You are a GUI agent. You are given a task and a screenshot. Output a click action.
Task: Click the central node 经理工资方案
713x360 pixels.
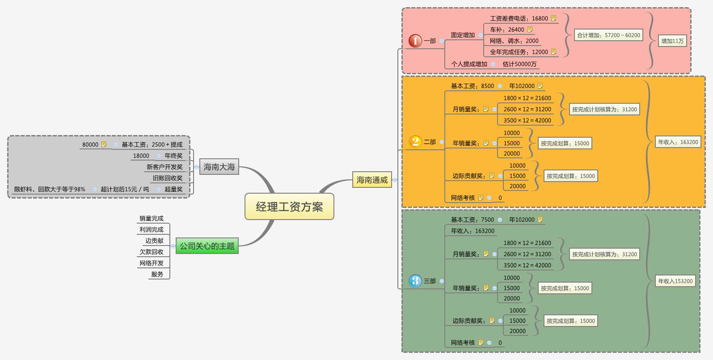(289, 207)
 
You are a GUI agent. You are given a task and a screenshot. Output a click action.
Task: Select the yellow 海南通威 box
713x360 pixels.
(372, 180)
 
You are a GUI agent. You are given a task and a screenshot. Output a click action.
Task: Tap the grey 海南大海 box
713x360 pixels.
(219, 167)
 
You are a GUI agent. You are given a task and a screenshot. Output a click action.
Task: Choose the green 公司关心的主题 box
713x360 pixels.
(207, 246)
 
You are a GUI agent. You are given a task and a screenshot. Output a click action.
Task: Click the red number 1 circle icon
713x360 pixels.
(415, 41)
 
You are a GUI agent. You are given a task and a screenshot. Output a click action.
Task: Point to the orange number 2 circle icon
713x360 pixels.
(415, 142)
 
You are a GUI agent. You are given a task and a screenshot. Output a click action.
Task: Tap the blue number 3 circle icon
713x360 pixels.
(415, 281)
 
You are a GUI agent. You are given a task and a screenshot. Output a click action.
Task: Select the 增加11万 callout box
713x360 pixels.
(672, 41)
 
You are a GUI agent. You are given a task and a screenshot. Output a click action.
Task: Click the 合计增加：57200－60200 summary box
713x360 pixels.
(608, 35)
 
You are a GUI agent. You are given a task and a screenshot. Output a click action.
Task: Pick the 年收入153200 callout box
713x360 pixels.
(675, 281)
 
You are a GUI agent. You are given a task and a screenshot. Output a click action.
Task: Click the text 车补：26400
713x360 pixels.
(507, 30)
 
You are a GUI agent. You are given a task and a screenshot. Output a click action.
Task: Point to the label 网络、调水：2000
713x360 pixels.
(514, 41)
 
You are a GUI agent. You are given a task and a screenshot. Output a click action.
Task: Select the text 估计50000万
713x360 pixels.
(519, 64)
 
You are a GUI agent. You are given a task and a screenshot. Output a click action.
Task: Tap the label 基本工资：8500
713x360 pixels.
(473, 86)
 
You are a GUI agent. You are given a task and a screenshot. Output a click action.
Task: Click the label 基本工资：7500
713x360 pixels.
(473, 220)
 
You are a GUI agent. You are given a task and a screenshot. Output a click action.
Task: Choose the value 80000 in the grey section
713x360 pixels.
(90, 144)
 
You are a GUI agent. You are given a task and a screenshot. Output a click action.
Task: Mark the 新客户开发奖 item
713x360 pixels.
(165, 167)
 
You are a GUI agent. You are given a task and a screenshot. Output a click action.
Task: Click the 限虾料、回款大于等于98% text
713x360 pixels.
(50, 189)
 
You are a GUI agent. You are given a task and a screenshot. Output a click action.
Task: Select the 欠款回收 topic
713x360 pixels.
(152, 252)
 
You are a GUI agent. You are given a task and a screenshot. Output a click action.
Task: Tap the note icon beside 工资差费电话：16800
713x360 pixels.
(553, 18)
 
